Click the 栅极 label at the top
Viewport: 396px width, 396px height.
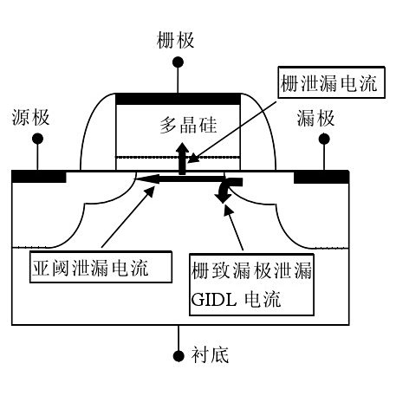click(177, 39)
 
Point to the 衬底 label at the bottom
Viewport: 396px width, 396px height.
click(211, 355)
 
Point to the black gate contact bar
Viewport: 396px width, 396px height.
click(179, 94)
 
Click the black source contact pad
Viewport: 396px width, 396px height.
click(40, 177)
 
